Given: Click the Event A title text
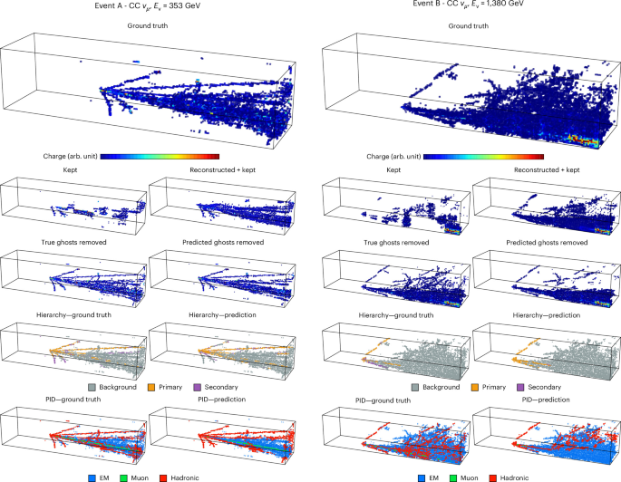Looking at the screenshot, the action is pos(148,6).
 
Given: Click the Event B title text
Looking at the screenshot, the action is pos(468,4).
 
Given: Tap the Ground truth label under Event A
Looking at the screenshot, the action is pos(148,25).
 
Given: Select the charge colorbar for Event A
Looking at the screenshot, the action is pos(160,157).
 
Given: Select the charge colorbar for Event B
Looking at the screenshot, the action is pos(483,157).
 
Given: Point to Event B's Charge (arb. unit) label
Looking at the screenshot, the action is pos(393,157).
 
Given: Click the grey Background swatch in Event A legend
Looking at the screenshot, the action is pos(92,387).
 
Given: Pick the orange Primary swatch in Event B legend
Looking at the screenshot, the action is pos(475,387).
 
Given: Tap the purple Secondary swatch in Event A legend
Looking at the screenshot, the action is pos(198,387).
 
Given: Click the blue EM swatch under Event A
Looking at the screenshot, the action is pos(92,478).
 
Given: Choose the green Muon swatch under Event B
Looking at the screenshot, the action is pos(454,478).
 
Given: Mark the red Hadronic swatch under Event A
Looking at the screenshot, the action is pos(163,478).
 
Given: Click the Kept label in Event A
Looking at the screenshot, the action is pos(70,169).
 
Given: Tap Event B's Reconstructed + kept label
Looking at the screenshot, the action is pos(547,169).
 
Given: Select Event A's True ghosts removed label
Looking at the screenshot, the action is pos(73,242).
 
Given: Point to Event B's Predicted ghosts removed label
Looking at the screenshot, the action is pos(547,242).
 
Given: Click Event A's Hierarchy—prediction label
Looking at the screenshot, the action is pos(222,315).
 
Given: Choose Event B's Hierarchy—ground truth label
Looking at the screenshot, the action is pos(396,315).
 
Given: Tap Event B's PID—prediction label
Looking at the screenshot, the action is pos(546,400).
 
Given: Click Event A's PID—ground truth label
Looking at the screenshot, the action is pos(73,400).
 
